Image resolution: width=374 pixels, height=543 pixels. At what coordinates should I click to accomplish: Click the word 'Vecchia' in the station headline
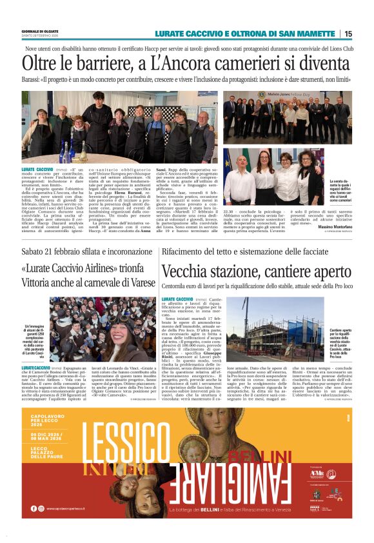190,272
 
